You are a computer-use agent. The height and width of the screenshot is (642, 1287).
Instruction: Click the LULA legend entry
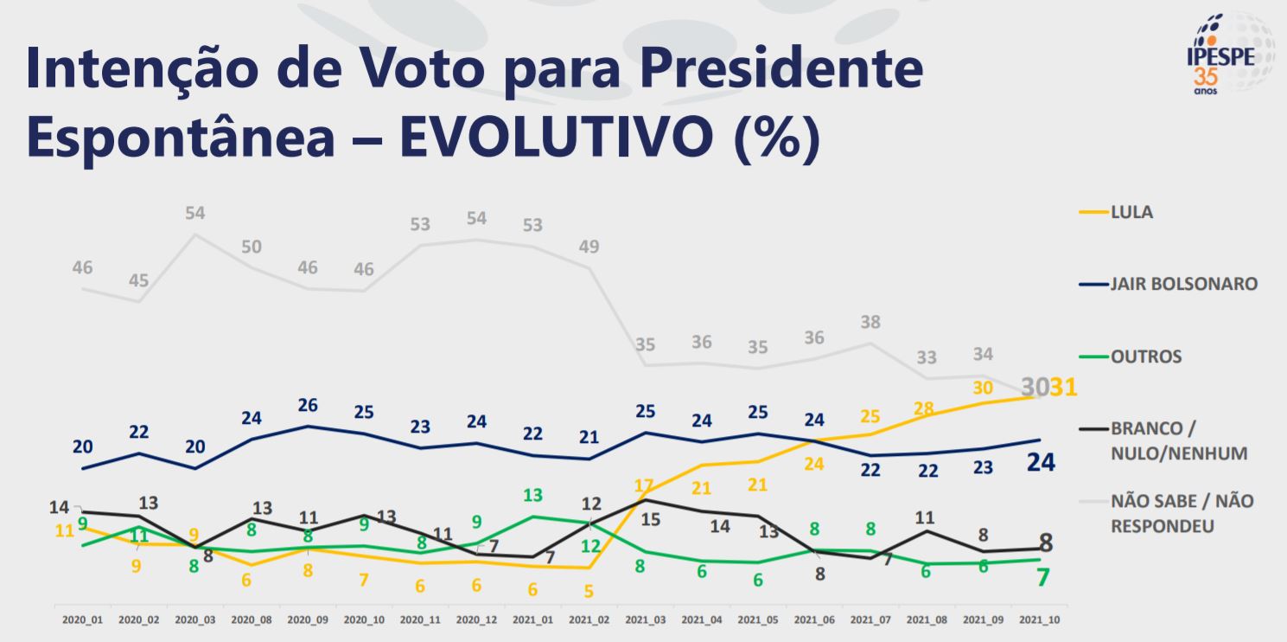pyautogui.click(x=1131, y=212)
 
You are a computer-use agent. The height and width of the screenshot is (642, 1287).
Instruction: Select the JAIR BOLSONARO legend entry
pyautogui.click(x=1183, y=284)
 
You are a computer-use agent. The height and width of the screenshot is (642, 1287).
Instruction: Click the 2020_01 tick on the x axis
pyautogui.click(x=82, y=620)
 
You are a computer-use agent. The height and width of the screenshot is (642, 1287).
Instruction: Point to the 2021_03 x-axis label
pyautogui.click(x=644, y=620)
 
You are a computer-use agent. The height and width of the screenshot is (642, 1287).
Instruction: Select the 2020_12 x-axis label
pyautogui.click(x=475, y=620)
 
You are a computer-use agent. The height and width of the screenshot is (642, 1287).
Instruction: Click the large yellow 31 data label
pyautogui.click(x=1062, y=387)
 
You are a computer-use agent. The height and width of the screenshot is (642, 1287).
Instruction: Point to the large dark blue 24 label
pyautogui.click(x=1041, y=463)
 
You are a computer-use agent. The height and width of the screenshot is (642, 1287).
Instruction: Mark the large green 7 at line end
pyautogui.click(x=1043, y=577)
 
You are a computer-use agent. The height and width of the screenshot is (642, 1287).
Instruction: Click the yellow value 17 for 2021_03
pyautogui.click(x=643, y=486)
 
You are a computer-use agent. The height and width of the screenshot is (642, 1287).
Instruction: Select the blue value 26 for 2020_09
pyautogui.click(x=307, y=406)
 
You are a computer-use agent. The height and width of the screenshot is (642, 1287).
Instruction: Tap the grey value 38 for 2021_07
pyautogui.click(x=870, y=323)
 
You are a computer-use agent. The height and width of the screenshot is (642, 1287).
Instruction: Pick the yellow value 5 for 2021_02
pyautogui.click(x=589, y=592)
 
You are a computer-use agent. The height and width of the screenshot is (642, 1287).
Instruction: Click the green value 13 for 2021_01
pyautogui.click(x=532, y=496)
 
